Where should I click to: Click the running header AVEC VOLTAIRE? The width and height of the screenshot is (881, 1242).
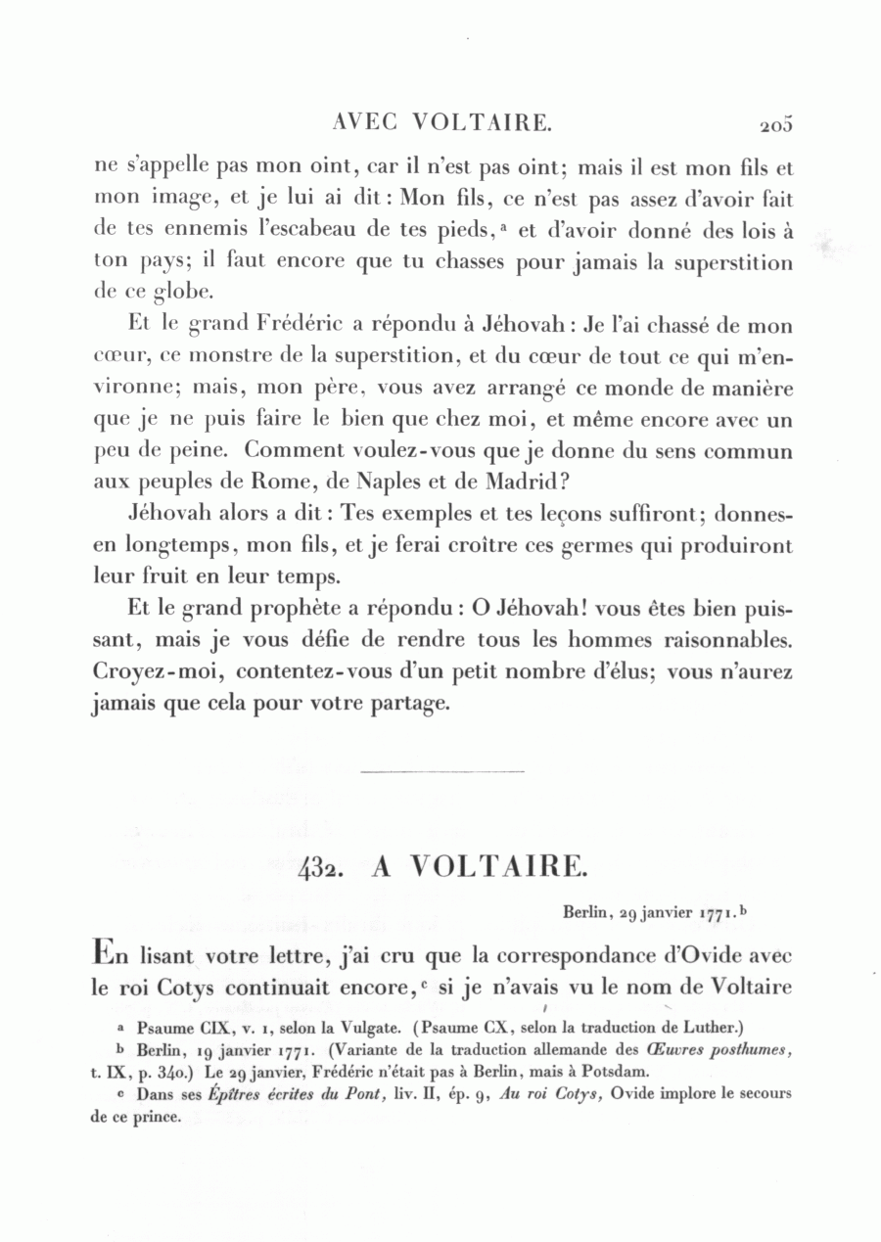click(443, 123)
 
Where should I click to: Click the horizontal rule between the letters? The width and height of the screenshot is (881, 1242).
click(442, 773)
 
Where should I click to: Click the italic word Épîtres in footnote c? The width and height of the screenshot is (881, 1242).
click(235, 1093)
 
